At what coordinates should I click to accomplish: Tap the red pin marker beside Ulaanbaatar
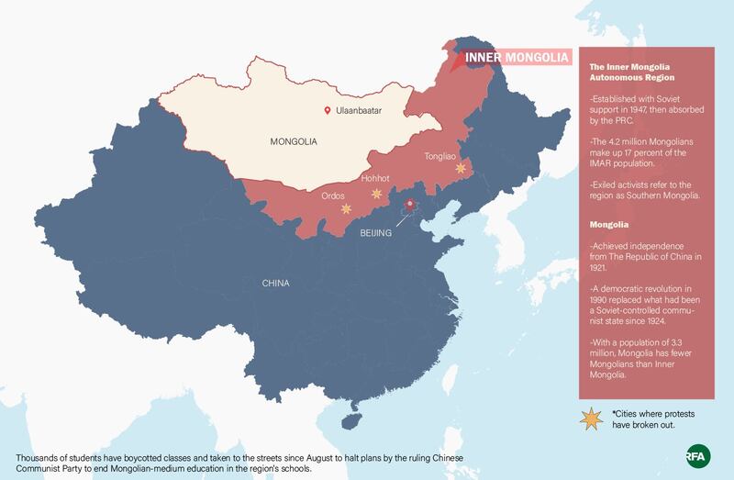tap(327, 111)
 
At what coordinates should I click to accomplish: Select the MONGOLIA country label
tap(293, 142)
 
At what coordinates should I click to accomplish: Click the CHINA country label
tap(276, 283)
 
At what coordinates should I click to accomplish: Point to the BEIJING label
tap(374, 233)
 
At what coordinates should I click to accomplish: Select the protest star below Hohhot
tap(376, 194)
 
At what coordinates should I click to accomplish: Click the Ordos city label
tap(333, 195)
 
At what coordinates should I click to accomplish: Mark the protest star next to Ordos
tap(346, 209)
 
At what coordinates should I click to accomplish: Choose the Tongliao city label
tap(441, 156)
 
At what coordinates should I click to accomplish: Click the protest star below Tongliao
tap(461, 169)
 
